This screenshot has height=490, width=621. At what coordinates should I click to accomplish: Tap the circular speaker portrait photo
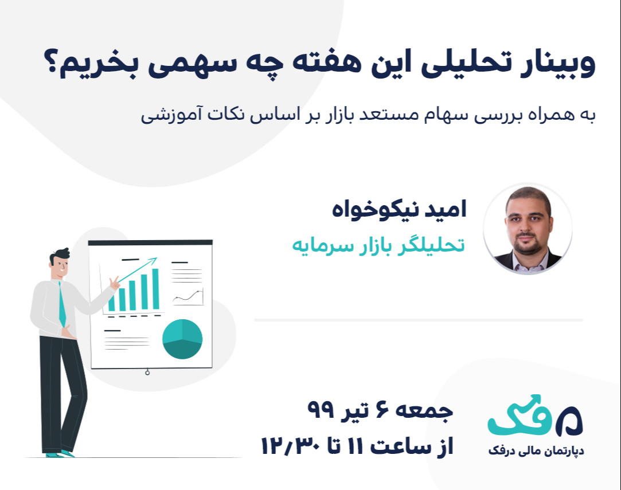tap(528, 229)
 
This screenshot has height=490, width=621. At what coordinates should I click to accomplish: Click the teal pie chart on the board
tap(182, 339)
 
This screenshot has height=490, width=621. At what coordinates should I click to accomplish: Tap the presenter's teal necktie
tap(62, 304)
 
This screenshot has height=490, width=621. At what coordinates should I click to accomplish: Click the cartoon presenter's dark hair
tap(61, 254)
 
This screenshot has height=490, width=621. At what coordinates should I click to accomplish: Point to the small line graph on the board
tap(188, 297)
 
